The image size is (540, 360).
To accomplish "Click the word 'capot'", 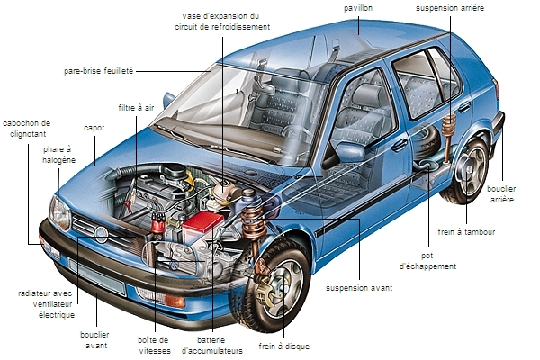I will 94,129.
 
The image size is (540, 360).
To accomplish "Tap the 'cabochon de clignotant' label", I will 27,129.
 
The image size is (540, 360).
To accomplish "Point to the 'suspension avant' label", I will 360,288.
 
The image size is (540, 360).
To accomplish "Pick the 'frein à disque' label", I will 285,345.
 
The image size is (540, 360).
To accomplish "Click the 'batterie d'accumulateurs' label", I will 213,345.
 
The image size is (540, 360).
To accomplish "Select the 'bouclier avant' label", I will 94,338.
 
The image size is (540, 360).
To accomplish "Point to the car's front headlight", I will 59,213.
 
